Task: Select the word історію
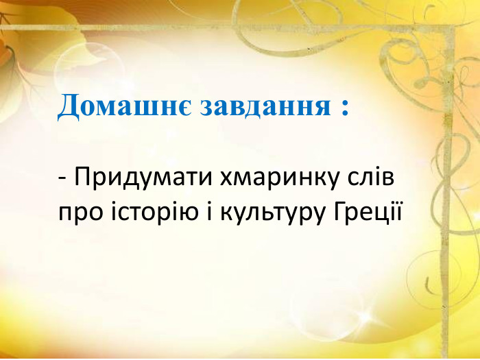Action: click(x=150, y=212)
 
